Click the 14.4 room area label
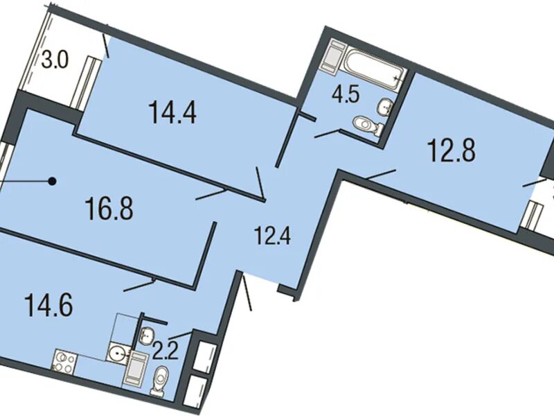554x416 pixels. pos(172,112)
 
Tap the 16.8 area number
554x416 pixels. pos(109,209)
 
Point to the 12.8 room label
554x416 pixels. pos(452,150)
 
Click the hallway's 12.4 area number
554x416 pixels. pos(272,236)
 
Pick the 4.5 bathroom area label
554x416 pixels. pos(346,94)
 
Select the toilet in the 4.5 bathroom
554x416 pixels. pos(368,125)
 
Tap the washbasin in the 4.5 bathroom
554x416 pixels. pos(386,106)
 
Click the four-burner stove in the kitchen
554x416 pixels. pos(64,361)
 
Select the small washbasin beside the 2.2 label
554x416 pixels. pos(147,334)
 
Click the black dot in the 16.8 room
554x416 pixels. pos(53,182)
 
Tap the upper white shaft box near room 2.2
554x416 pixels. pos(206,356)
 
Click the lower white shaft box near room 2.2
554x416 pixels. pos(196,392)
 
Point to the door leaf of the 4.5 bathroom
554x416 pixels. pos(326,133)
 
